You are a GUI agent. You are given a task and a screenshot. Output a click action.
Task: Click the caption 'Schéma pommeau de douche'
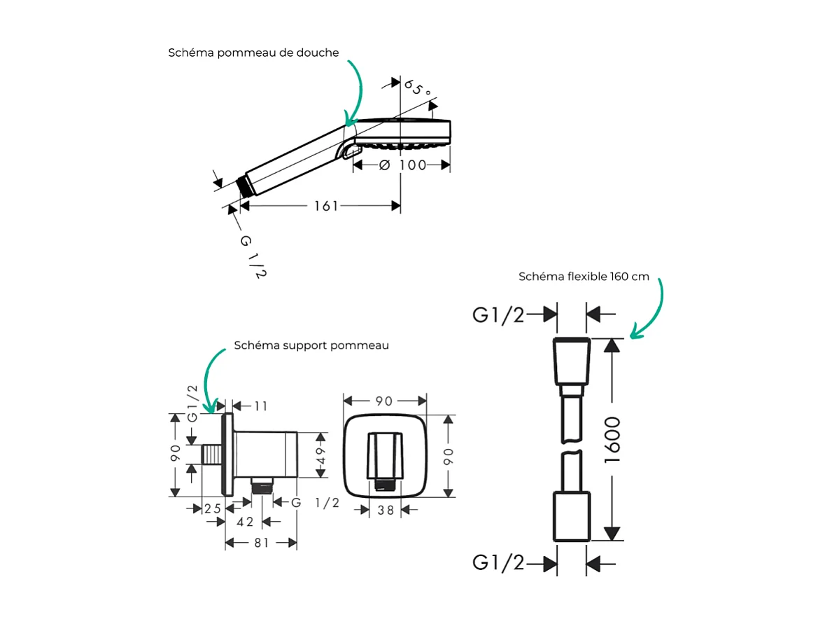click(253, 53)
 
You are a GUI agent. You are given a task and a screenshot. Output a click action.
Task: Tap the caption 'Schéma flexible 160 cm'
click(584, 277)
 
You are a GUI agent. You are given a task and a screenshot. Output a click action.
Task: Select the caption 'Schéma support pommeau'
click(311, 346)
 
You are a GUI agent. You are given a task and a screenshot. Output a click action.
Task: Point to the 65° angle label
click(417, 88)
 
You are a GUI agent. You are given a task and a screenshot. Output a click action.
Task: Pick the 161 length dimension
click(326, 206)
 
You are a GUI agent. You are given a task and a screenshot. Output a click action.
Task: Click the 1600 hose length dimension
click(612, 440)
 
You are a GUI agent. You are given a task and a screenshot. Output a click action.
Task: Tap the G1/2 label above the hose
click(498, 315)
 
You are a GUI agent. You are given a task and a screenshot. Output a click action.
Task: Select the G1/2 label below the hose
click(498, 562)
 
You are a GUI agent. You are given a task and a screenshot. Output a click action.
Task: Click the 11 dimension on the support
click(260, 406)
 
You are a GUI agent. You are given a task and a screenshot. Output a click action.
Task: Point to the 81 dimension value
click(261, 543)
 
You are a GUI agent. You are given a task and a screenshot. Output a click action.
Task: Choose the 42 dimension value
click(245, 522)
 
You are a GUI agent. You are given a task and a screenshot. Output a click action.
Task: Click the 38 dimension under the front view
click(386, 511)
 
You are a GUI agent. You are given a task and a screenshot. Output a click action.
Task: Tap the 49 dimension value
click(321, 455)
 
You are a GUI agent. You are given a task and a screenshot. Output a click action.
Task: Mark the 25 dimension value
click(212, 508)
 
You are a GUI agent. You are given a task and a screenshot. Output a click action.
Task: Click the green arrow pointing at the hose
click(650, 308)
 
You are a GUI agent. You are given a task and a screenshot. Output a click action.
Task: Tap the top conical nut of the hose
click(572, 361)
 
